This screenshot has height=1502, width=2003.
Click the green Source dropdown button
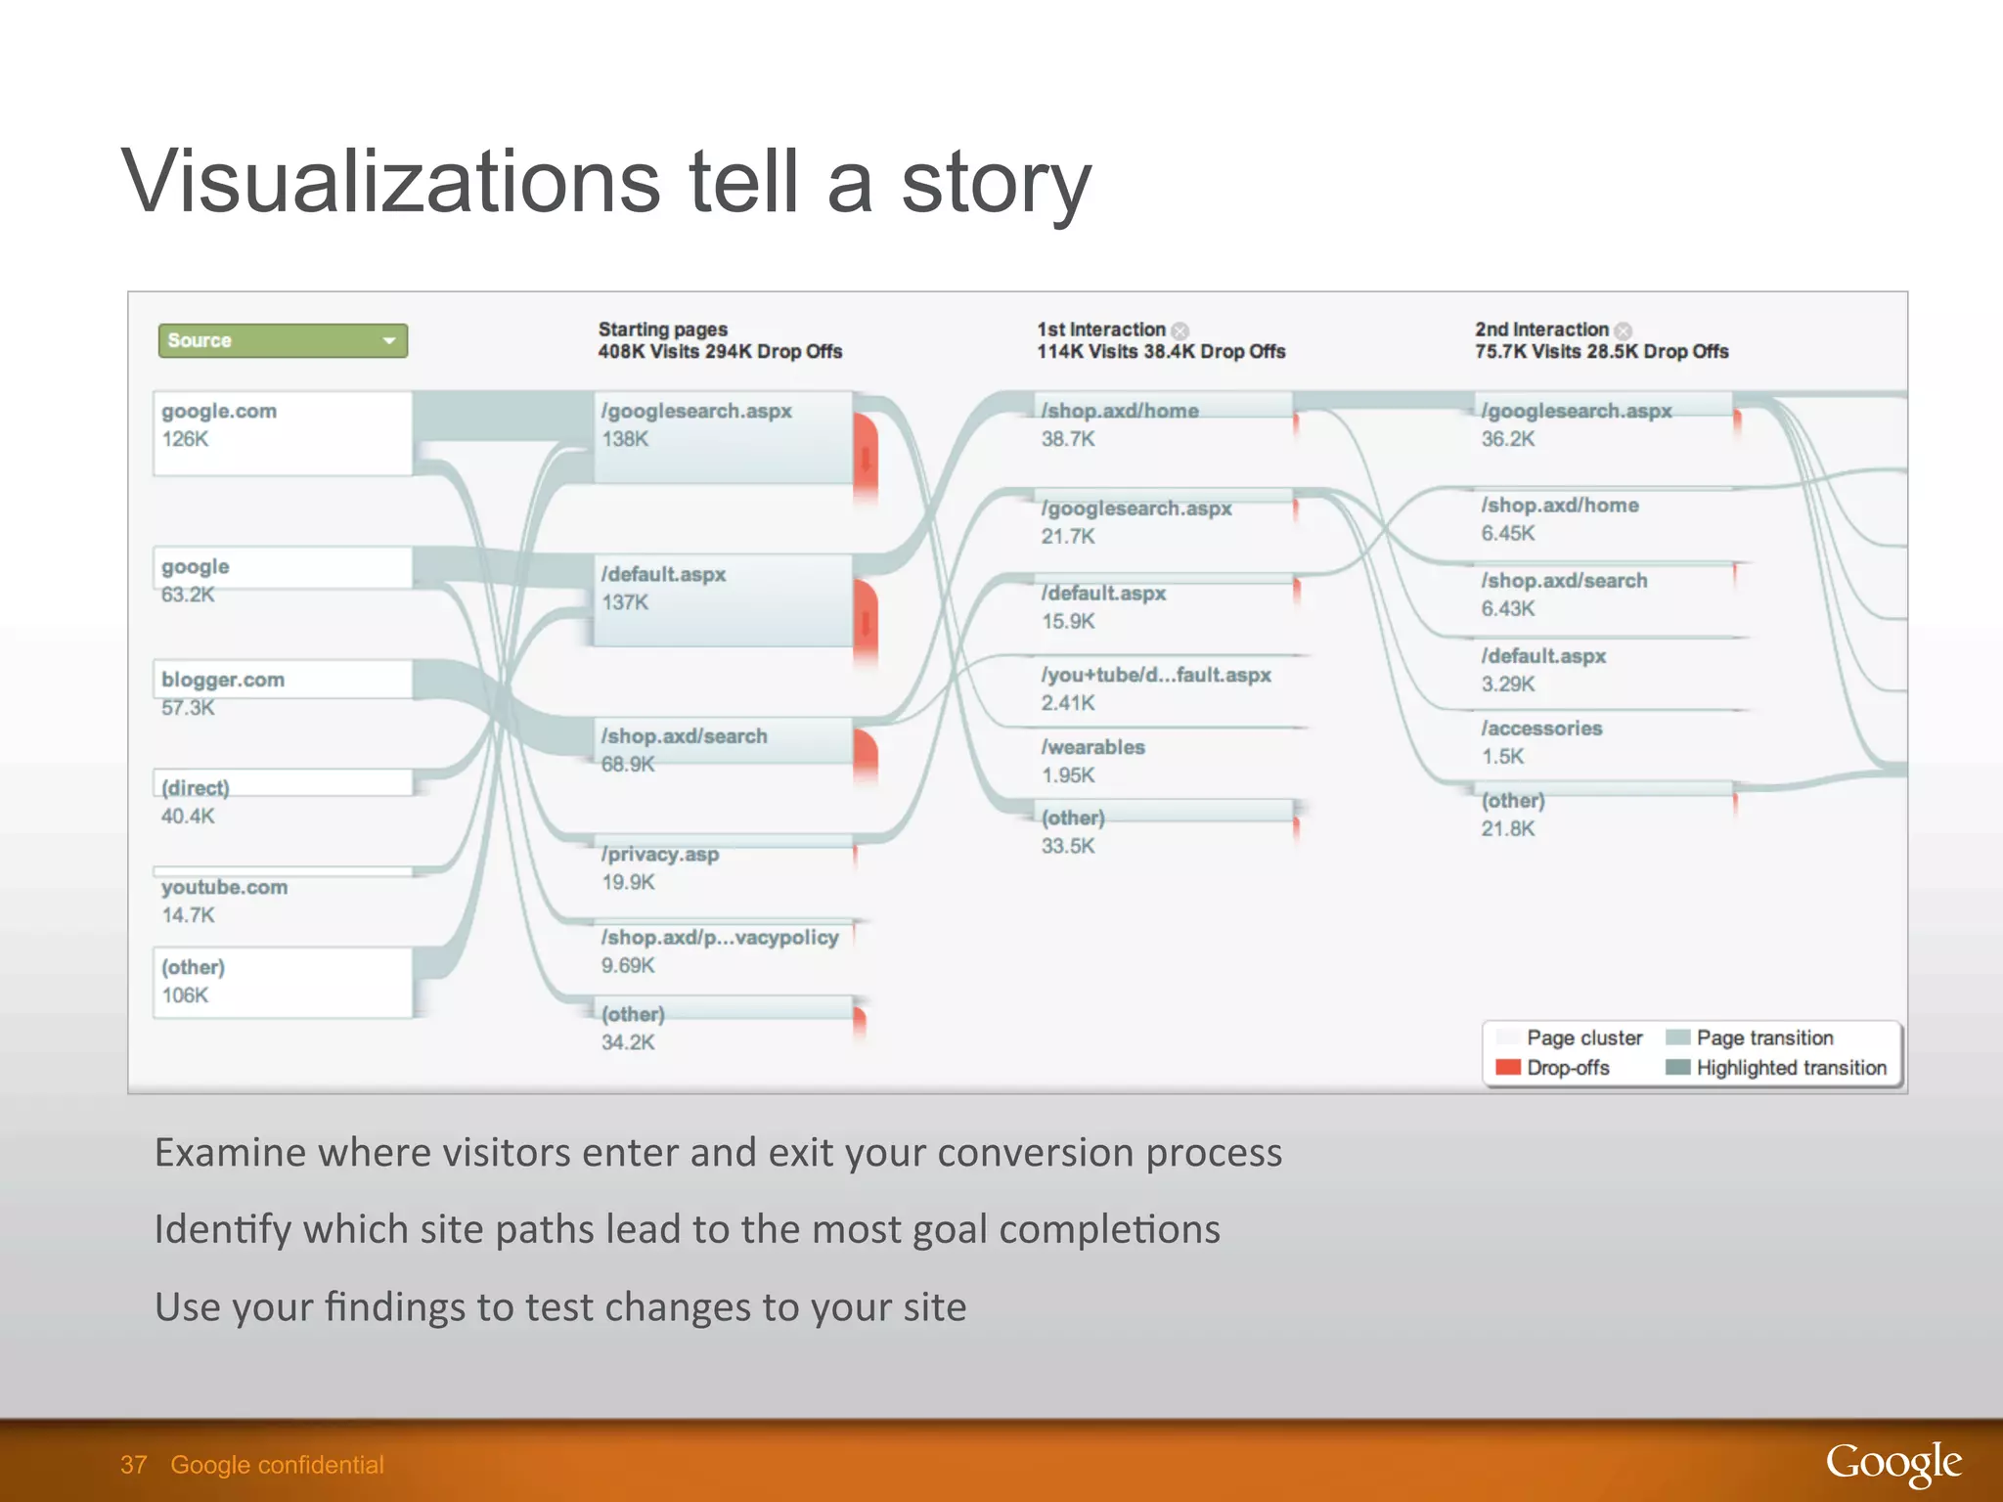point(283,340)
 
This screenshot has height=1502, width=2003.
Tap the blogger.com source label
point(223,680)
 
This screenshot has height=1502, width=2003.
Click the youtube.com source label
point(224,887)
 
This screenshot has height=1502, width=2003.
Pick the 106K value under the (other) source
point(185,995)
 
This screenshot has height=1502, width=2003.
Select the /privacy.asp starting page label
point(660,855)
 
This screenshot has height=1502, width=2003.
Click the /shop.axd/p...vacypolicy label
point(720,938)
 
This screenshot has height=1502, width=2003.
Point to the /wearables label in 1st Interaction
point(1092,747)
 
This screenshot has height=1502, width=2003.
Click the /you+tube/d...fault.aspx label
point(1156,675)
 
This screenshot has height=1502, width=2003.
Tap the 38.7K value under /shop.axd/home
point(1068,439)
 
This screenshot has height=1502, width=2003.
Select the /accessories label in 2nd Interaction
point(1541,729)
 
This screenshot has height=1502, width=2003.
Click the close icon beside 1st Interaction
point(1180,331)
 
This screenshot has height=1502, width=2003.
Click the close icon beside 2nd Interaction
point(1624,331)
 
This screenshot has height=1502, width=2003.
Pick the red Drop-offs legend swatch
point(1508,1067)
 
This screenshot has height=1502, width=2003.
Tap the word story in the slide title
point(995,182)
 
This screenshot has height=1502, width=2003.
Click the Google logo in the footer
point(1892,1464)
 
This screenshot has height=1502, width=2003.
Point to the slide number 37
point(133,1465)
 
